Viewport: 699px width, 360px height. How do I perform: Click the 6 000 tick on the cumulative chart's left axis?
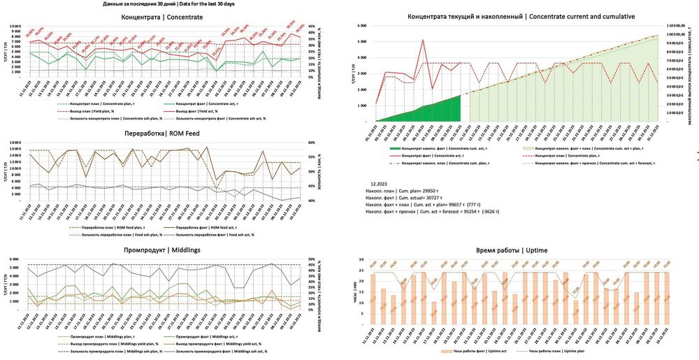[x=361, y=26]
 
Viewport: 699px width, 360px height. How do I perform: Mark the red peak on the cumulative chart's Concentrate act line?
[x=423, y=40]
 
